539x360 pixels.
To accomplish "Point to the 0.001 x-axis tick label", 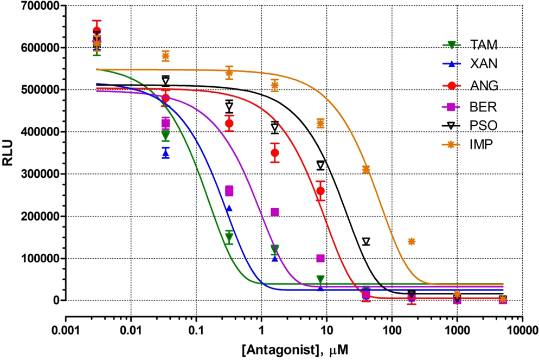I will point(66,330).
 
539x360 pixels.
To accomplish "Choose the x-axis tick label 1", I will point(261,330).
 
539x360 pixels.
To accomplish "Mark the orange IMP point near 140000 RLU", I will point(412,241).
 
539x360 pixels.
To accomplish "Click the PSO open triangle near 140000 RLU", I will point(366,242).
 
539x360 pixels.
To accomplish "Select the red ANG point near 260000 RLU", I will point(320,191).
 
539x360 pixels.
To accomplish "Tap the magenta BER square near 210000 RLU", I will point(275,212).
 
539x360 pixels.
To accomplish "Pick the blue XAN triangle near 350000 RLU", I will point(166,153).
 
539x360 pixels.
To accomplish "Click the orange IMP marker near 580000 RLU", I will point(166,56).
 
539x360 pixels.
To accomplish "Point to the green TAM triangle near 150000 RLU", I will point(229,237).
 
